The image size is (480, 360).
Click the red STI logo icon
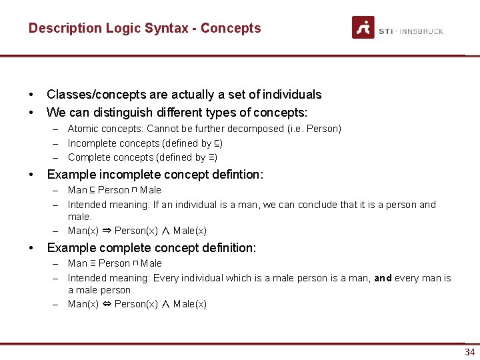click(363, 27)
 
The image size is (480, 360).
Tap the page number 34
click(470, 352)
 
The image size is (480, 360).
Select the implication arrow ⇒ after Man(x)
click(107, 231)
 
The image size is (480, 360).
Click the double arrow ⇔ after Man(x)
click(107, 304)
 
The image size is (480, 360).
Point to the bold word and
click(383, 278)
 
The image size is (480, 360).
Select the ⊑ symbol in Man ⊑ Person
click(93, 190)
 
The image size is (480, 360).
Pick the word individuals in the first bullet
click(291, 95)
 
